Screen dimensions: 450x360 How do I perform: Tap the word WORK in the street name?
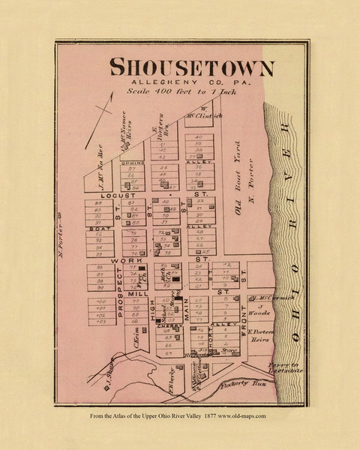coord(121,259)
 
